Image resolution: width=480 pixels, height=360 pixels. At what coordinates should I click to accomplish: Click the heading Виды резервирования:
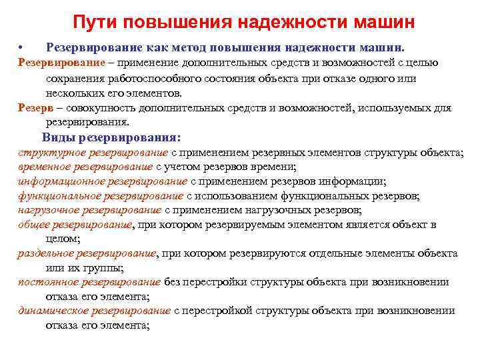tap(111, 138)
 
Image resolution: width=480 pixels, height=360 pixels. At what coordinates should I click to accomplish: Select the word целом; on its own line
tap(63, 239)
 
